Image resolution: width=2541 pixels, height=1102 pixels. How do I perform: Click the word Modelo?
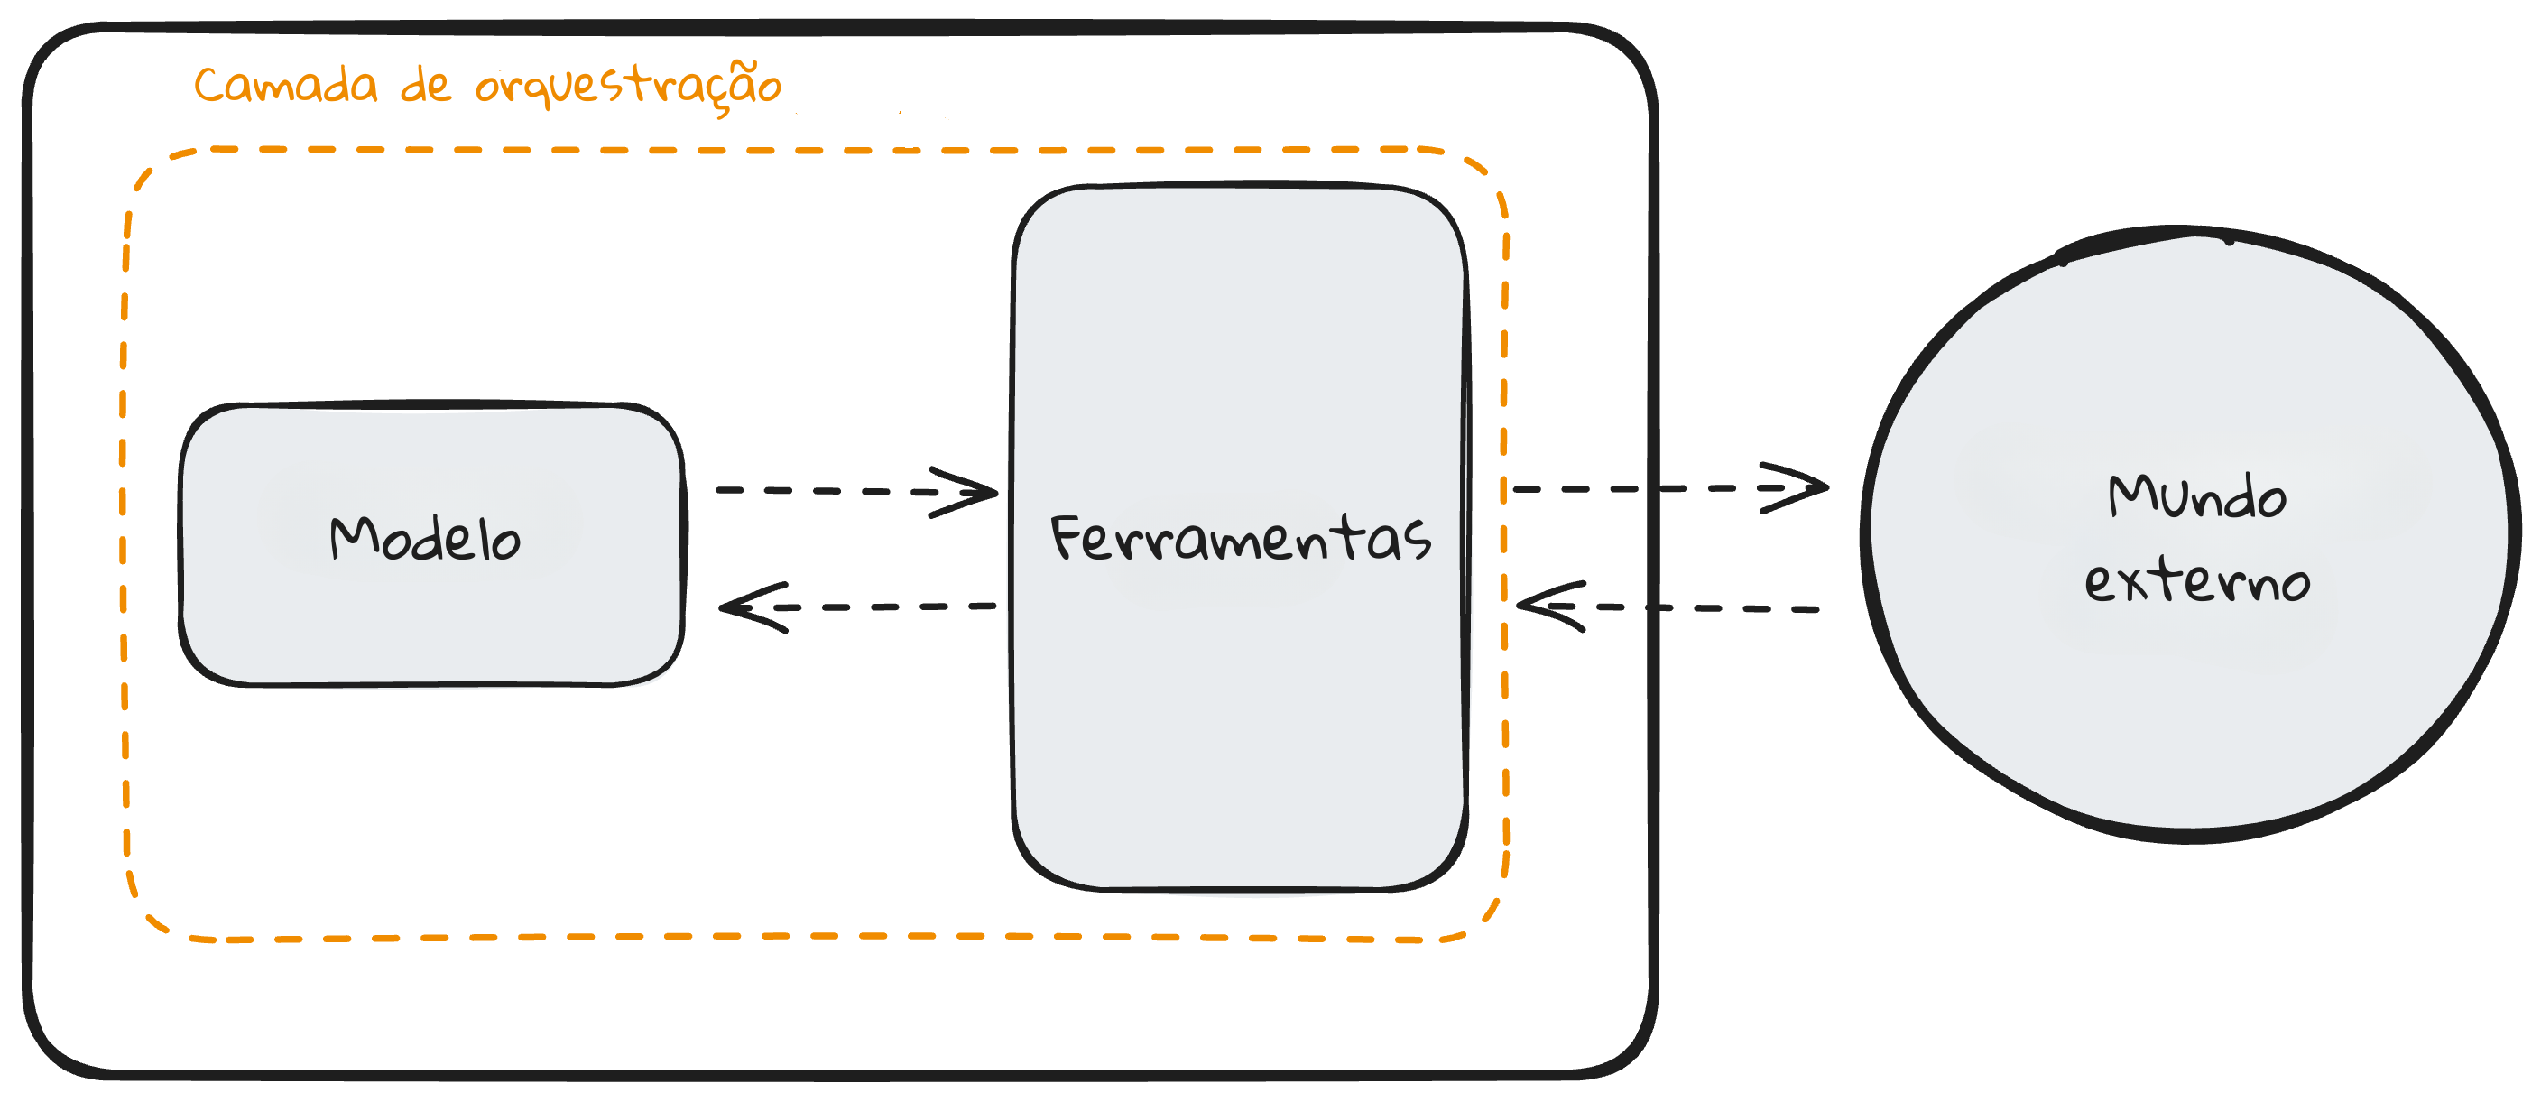click(x=425, y=540)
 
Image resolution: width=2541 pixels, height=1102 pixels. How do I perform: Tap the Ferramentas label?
click(x=1240, y=539)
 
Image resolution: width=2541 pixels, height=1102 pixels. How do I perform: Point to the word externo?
click(x=2196, y=581)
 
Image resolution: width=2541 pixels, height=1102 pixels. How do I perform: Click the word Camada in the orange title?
click(x=285, y=86)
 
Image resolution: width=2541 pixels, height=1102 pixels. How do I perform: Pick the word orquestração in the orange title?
click(x=628, y=87)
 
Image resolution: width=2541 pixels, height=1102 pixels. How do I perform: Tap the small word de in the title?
click(x=426, y=86)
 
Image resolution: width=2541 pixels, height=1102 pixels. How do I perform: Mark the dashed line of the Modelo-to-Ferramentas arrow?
click(x=818, y=490)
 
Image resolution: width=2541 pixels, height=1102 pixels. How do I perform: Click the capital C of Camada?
click(x=210, y=86)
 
